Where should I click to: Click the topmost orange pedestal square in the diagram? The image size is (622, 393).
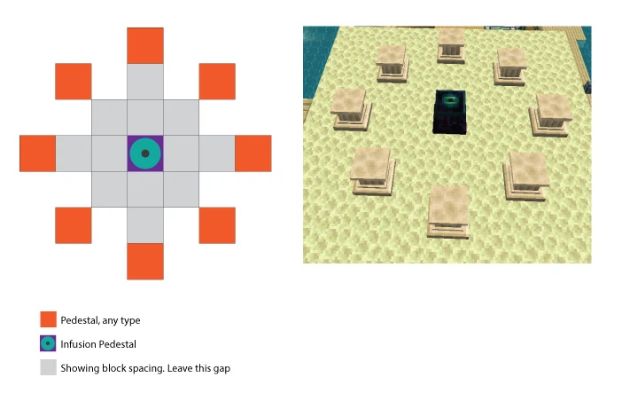(145, 46)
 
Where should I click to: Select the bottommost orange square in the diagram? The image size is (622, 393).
(145, 262)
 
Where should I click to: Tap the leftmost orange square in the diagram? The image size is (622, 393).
(38, 153)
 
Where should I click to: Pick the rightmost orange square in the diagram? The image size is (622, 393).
(253, 153)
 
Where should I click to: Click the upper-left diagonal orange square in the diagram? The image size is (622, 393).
(74, 82)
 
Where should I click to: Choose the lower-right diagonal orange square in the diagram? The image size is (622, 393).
(217, 225)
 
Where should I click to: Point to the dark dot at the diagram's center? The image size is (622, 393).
(145, 153)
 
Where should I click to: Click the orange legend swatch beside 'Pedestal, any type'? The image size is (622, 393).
(48, 319)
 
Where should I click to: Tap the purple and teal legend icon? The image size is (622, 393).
(48, 343)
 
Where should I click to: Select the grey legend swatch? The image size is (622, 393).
(48, 367)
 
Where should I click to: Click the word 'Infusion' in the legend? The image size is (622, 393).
(78, 344)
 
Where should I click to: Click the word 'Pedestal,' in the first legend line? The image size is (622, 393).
(80, 320)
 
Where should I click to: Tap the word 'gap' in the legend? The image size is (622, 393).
(222, 369)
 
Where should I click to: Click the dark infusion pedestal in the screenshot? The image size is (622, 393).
(450, 112)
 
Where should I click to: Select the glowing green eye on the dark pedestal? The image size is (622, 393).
(450, 99)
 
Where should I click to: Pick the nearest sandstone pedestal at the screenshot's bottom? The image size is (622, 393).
(447, 213)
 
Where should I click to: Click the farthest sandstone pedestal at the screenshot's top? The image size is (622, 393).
(451, 45)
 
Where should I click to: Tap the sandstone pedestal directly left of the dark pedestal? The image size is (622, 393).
(351, 109)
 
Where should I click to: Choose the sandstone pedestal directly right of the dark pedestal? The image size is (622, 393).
(551, 115)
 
